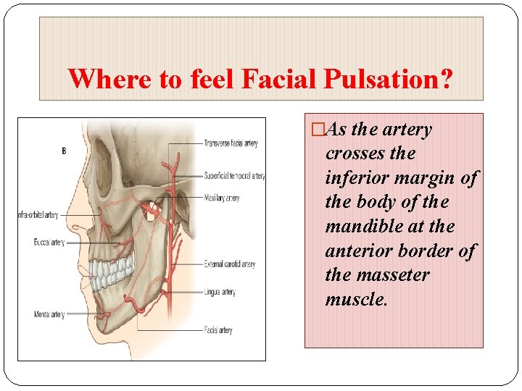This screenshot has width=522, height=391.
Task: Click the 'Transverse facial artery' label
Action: [x=231, y=143]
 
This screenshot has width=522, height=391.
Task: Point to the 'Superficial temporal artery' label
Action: [x=234, y=175]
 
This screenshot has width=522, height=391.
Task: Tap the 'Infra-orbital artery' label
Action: [x=38, y=215]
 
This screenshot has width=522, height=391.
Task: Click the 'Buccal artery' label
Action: [x=49, y=243]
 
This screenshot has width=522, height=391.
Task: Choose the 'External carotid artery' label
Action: [x=230, y=264]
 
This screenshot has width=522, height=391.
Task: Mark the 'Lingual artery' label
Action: [x=220, y=292]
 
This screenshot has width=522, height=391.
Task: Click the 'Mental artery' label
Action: [x=49, y=314]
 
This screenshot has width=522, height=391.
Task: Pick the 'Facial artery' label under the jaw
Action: [x=218, y=330]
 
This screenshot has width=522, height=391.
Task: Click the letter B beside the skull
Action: [x=64, y=151]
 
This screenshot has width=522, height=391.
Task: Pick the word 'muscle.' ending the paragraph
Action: [x=357, y=299]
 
